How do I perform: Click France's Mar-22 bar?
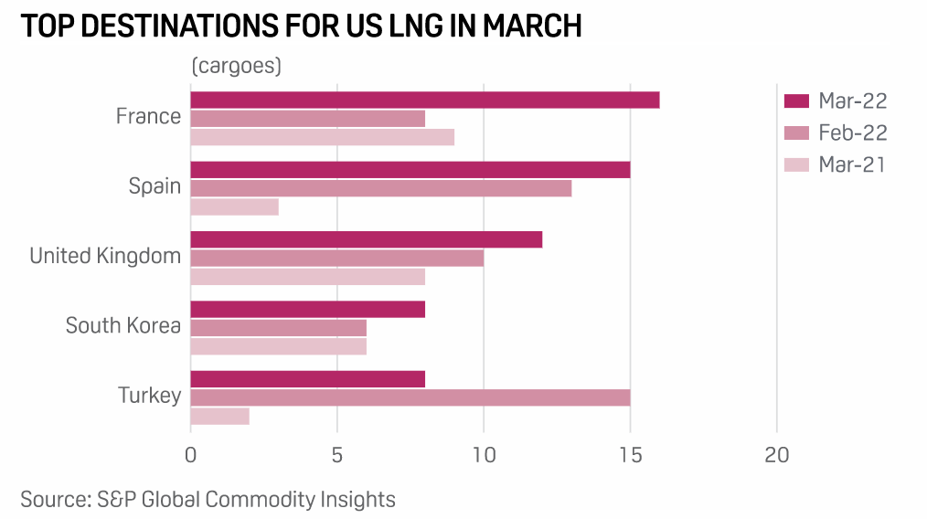click(x=424, y=100)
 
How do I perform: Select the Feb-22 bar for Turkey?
click(x=410, y=397)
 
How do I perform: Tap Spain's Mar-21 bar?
click(x=234, y=207)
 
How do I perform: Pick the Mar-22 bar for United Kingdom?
click(x=366, y=239)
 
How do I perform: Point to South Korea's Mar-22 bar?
click(x=307, y=309)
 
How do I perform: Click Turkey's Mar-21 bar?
click(x=219, y=416)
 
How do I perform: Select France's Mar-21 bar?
click(x=322, y=137)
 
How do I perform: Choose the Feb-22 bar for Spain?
click(x=380, y=188)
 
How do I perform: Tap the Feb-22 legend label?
click(x=853, y=132)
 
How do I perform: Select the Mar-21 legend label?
click(x=853, y=164)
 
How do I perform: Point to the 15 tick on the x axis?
click(x=630, y=454)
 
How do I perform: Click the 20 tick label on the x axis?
click(x=776, y=454)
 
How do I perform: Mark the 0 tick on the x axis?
click(x=190, y=454)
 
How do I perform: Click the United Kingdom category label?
click(x=105, y=256)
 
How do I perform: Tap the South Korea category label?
click(x=123, y=325)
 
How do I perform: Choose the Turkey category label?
click(x=149, y=396)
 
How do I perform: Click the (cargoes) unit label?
click(x=236, y=67)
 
